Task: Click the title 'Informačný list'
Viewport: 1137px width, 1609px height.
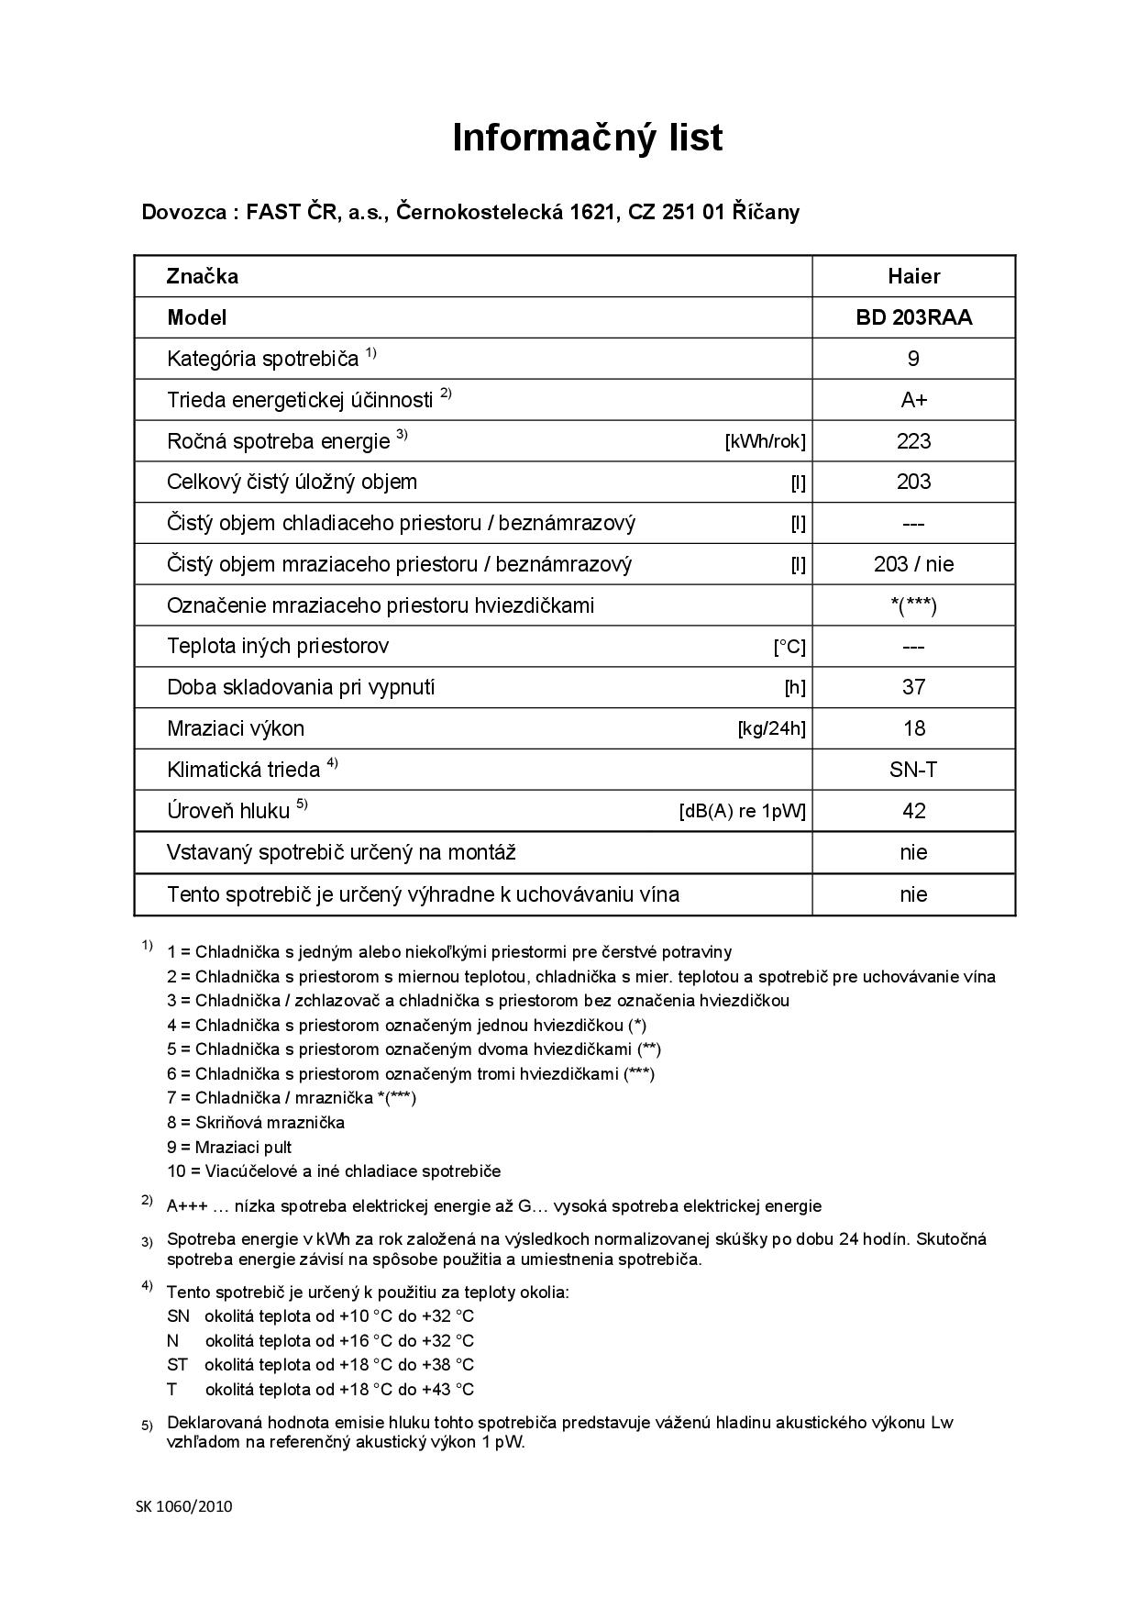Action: tap(588, 138)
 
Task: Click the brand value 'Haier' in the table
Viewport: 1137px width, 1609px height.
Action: tap(913, 276)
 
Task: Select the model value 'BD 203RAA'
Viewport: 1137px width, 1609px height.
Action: tap(913, 317)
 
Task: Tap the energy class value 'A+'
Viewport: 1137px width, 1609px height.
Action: tap(913, 400)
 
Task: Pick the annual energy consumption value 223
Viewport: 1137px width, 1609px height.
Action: tap(913, 441)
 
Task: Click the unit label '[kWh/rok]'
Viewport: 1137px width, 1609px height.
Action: tap(765, 442)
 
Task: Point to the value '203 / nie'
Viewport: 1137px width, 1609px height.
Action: tap(913, 564)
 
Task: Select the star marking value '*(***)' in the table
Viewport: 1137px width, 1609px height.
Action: tap(913, 605)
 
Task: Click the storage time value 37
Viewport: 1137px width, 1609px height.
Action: tap(913, 687)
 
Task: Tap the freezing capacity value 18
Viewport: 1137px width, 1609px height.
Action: tap(913, 728)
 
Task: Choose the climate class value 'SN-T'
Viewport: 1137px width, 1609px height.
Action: tap(913, 770)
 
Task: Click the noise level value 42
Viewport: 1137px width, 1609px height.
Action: tap(913, 811)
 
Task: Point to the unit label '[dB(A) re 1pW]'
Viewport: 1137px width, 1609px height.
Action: tap(742, 812)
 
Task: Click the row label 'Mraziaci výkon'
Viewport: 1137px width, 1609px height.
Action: tap(236, 728)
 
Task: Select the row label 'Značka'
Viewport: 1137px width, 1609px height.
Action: tap(203, 276)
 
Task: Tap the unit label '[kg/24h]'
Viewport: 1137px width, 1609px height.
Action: tap(771, 729)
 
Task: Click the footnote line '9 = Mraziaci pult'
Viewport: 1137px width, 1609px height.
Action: tap(229, 1147)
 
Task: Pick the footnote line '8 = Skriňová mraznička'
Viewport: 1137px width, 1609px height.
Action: tap(256, 1122)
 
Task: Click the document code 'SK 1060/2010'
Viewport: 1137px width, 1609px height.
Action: tap(184, 1506)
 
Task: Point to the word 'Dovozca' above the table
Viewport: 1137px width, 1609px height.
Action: tap(184, 212)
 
